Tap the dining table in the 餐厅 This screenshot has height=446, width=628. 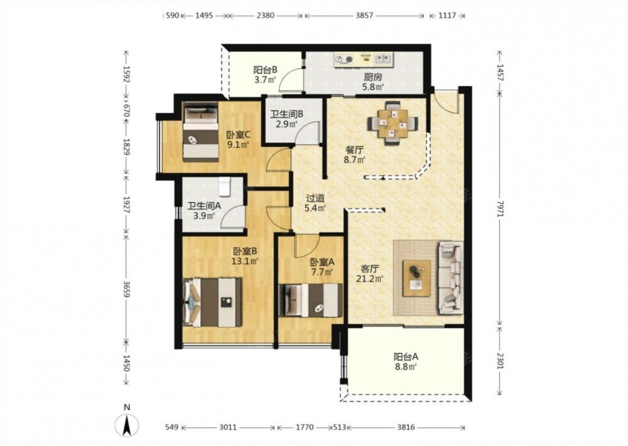pos(393,122)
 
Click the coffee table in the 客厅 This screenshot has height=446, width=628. pos(416,278)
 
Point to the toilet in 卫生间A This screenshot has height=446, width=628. pos(224,186)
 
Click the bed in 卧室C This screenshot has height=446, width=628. pos(201,132)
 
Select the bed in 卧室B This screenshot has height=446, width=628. pos(212,302)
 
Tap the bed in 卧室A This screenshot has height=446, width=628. pos(311,300)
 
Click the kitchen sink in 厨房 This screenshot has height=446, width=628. pos(384,60)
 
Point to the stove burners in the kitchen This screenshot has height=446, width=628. pos(344,60)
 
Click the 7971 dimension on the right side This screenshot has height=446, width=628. pos(499,209)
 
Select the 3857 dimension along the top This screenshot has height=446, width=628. pos(364,16)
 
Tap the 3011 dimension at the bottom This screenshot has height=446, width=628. pos(228,427)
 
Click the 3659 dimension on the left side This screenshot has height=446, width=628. pos(127,288)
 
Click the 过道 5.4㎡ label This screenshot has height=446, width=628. pos(315,203)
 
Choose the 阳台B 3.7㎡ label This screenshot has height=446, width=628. pos(265,75)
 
